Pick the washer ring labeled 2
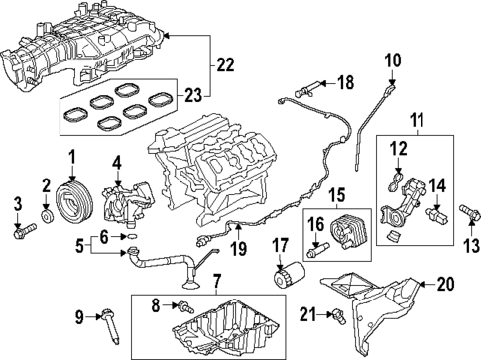point(47,213)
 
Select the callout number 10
point(392,60)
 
